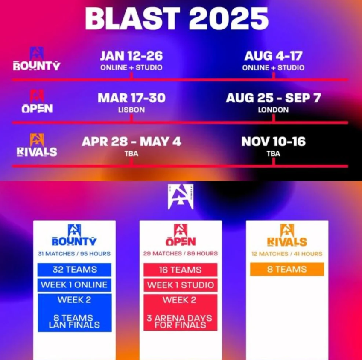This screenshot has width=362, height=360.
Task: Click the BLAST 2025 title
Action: point(177,18)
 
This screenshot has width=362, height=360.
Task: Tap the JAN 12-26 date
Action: point(131,56)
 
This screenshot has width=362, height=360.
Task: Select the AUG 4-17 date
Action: point(273,56)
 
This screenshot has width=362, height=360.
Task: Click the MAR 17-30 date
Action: point(131,98)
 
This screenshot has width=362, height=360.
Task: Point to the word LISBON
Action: point(131,110)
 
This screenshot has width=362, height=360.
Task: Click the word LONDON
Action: point(273,110)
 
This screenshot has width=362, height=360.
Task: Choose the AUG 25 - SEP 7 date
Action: point(273,98)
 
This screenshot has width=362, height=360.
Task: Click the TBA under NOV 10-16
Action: point(273,154)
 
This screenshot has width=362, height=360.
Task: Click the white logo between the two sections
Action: point(181,197)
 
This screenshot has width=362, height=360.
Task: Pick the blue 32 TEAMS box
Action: point(75,270)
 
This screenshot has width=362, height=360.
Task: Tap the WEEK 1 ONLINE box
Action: point(75,285)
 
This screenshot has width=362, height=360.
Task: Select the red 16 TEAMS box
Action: point(180,270)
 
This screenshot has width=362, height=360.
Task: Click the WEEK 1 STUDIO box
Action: point(180,285)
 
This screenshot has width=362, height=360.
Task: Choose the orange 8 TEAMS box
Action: point(287,269)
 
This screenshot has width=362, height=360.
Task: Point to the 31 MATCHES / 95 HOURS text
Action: point(74,254)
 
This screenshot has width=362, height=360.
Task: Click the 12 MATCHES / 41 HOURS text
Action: point(287,254)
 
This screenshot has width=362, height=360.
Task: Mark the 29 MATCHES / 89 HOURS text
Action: point(180,253)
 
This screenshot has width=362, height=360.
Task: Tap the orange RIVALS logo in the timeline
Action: point(37,145)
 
